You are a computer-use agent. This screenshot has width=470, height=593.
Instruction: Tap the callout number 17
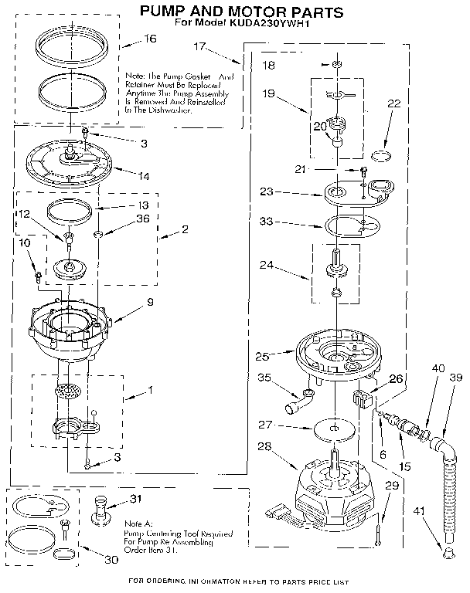[x=199, y=46]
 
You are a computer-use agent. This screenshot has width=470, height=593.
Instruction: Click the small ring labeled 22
[x=380, y=155]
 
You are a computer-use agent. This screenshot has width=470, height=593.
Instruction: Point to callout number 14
[x=144, y=176]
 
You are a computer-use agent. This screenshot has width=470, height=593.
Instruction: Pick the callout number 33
[x=266, y=222]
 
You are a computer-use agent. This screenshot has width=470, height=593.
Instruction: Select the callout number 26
[x=397, y=378]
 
